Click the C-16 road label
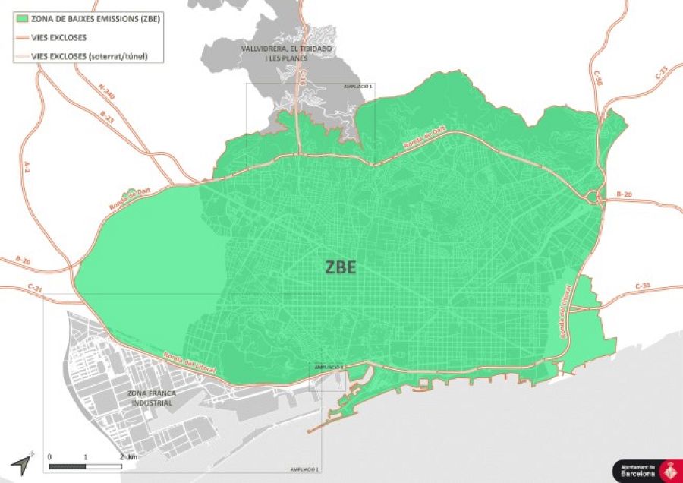(302, 77)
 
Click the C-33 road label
(661, 73)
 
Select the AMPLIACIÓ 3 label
(329, 367)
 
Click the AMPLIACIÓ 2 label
(304, 470)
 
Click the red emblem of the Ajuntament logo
(669, 471)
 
